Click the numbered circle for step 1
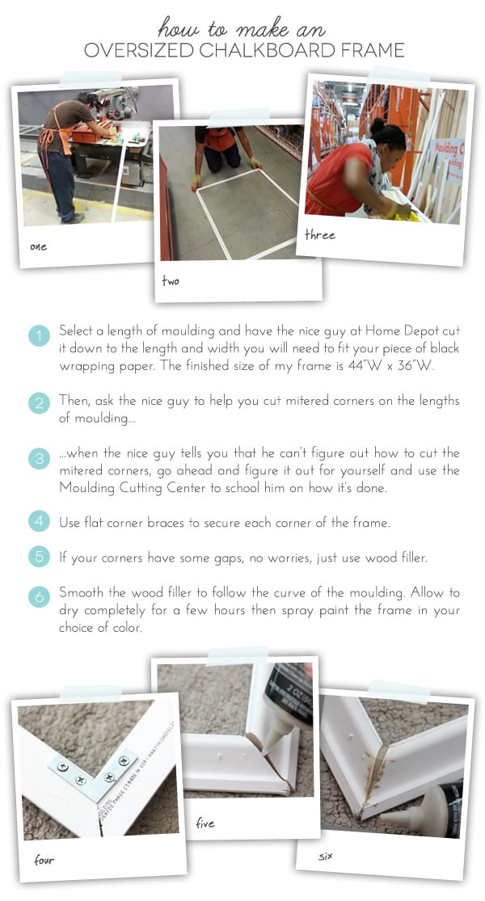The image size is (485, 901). click(39, 335)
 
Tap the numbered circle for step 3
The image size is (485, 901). click(39, 460)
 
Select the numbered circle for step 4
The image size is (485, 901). click(39, 522)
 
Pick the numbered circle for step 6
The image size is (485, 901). click(39, 597)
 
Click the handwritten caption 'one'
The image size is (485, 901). click(38, 246)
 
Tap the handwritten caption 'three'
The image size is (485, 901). click(320, 235)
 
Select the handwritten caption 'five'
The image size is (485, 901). click(205, 823)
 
